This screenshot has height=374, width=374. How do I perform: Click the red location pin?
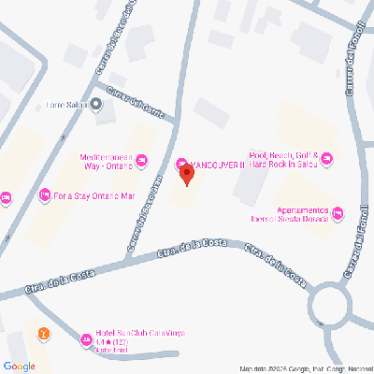[x=186, y=174]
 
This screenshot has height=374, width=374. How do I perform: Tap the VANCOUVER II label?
[x=217, y=165]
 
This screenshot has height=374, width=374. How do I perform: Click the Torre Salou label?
[x=66, y=105]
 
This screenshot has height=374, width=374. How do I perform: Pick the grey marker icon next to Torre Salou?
[x=97, y=105]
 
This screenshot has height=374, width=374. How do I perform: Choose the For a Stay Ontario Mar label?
[x=95, y=196]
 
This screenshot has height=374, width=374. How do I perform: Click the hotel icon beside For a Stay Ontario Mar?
[x=43, y=196]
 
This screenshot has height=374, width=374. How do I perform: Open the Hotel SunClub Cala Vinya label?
[x=138, y=333]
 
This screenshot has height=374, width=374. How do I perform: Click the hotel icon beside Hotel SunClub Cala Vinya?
[x=85, y=333]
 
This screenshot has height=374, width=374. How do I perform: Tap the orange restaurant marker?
[x=42, y=332]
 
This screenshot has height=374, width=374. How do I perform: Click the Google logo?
[x=19, y=365]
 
